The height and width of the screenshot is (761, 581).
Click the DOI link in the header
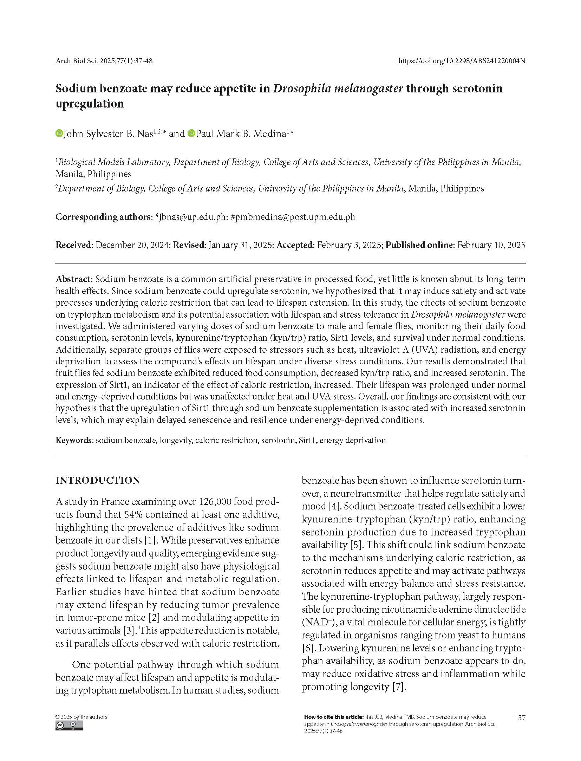point(462,61)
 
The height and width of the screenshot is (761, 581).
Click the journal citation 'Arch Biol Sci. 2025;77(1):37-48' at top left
point(104,61)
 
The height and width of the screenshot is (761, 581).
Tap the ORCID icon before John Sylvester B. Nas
point(59,134)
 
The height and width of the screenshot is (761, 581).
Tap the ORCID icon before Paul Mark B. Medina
point(191,134)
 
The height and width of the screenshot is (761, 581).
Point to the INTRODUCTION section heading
point(98,481)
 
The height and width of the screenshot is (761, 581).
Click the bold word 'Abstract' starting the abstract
point(74,279)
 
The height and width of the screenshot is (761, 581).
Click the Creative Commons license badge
point(69,726)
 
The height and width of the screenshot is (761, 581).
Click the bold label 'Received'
point(73,245)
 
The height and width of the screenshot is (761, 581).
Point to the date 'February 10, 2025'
point(491,245)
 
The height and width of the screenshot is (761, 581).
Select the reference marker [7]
point(399,687)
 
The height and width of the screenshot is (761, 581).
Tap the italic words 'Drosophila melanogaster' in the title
point(338,88)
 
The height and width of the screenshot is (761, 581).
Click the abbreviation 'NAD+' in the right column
point(315,622)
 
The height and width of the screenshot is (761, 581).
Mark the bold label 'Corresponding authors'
point(103,217)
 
